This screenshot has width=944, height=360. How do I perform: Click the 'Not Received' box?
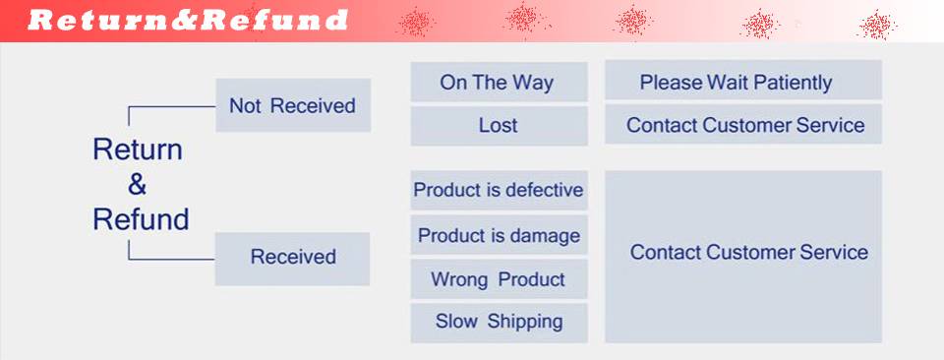[x=293, y=105]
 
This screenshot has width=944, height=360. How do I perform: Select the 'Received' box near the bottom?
[x=293, y=259]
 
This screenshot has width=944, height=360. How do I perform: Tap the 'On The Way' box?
[x=500, y=82]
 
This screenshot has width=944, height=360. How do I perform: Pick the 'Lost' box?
[x=500, y=126]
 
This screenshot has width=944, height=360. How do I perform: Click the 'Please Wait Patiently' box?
[x=743, y=80]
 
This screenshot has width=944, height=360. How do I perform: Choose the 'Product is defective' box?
[x=500, y=190]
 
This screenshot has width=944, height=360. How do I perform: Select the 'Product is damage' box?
[x=500, y=235]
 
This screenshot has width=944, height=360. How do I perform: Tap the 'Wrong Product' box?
[x=500, y=279]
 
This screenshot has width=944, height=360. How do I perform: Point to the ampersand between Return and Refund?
[x=138, y=185]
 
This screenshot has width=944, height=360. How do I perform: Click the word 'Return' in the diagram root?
[x=138, y=150]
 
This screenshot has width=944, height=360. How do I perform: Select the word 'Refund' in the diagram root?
[x=141, y=219]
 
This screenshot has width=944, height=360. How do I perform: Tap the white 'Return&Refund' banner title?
[x=188, y=21]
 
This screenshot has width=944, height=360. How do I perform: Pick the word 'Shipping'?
[x=525, y=322]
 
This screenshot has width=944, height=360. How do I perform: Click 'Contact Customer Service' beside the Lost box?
[x=745, y=125]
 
